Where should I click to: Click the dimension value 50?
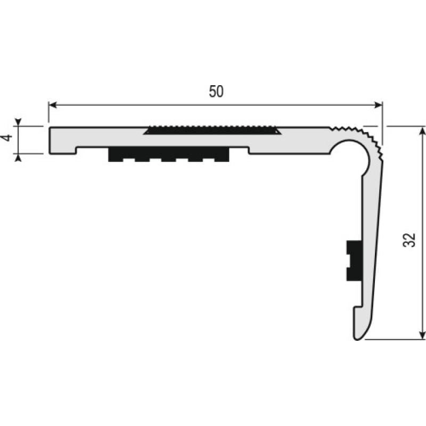[x=216, y=92]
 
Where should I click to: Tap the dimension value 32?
[x=409, y=241]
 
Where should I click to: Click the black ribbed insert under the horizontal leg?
[x=169, y=154]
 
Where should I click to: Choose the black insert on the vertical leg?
[x=352, y=260]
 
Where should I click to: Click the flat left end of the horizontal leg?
[x=50, y=140]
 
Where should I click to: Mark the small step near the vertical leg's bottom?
[x=354, y=308]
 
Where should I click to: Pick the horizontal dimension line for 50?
[x=160, y=105]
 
